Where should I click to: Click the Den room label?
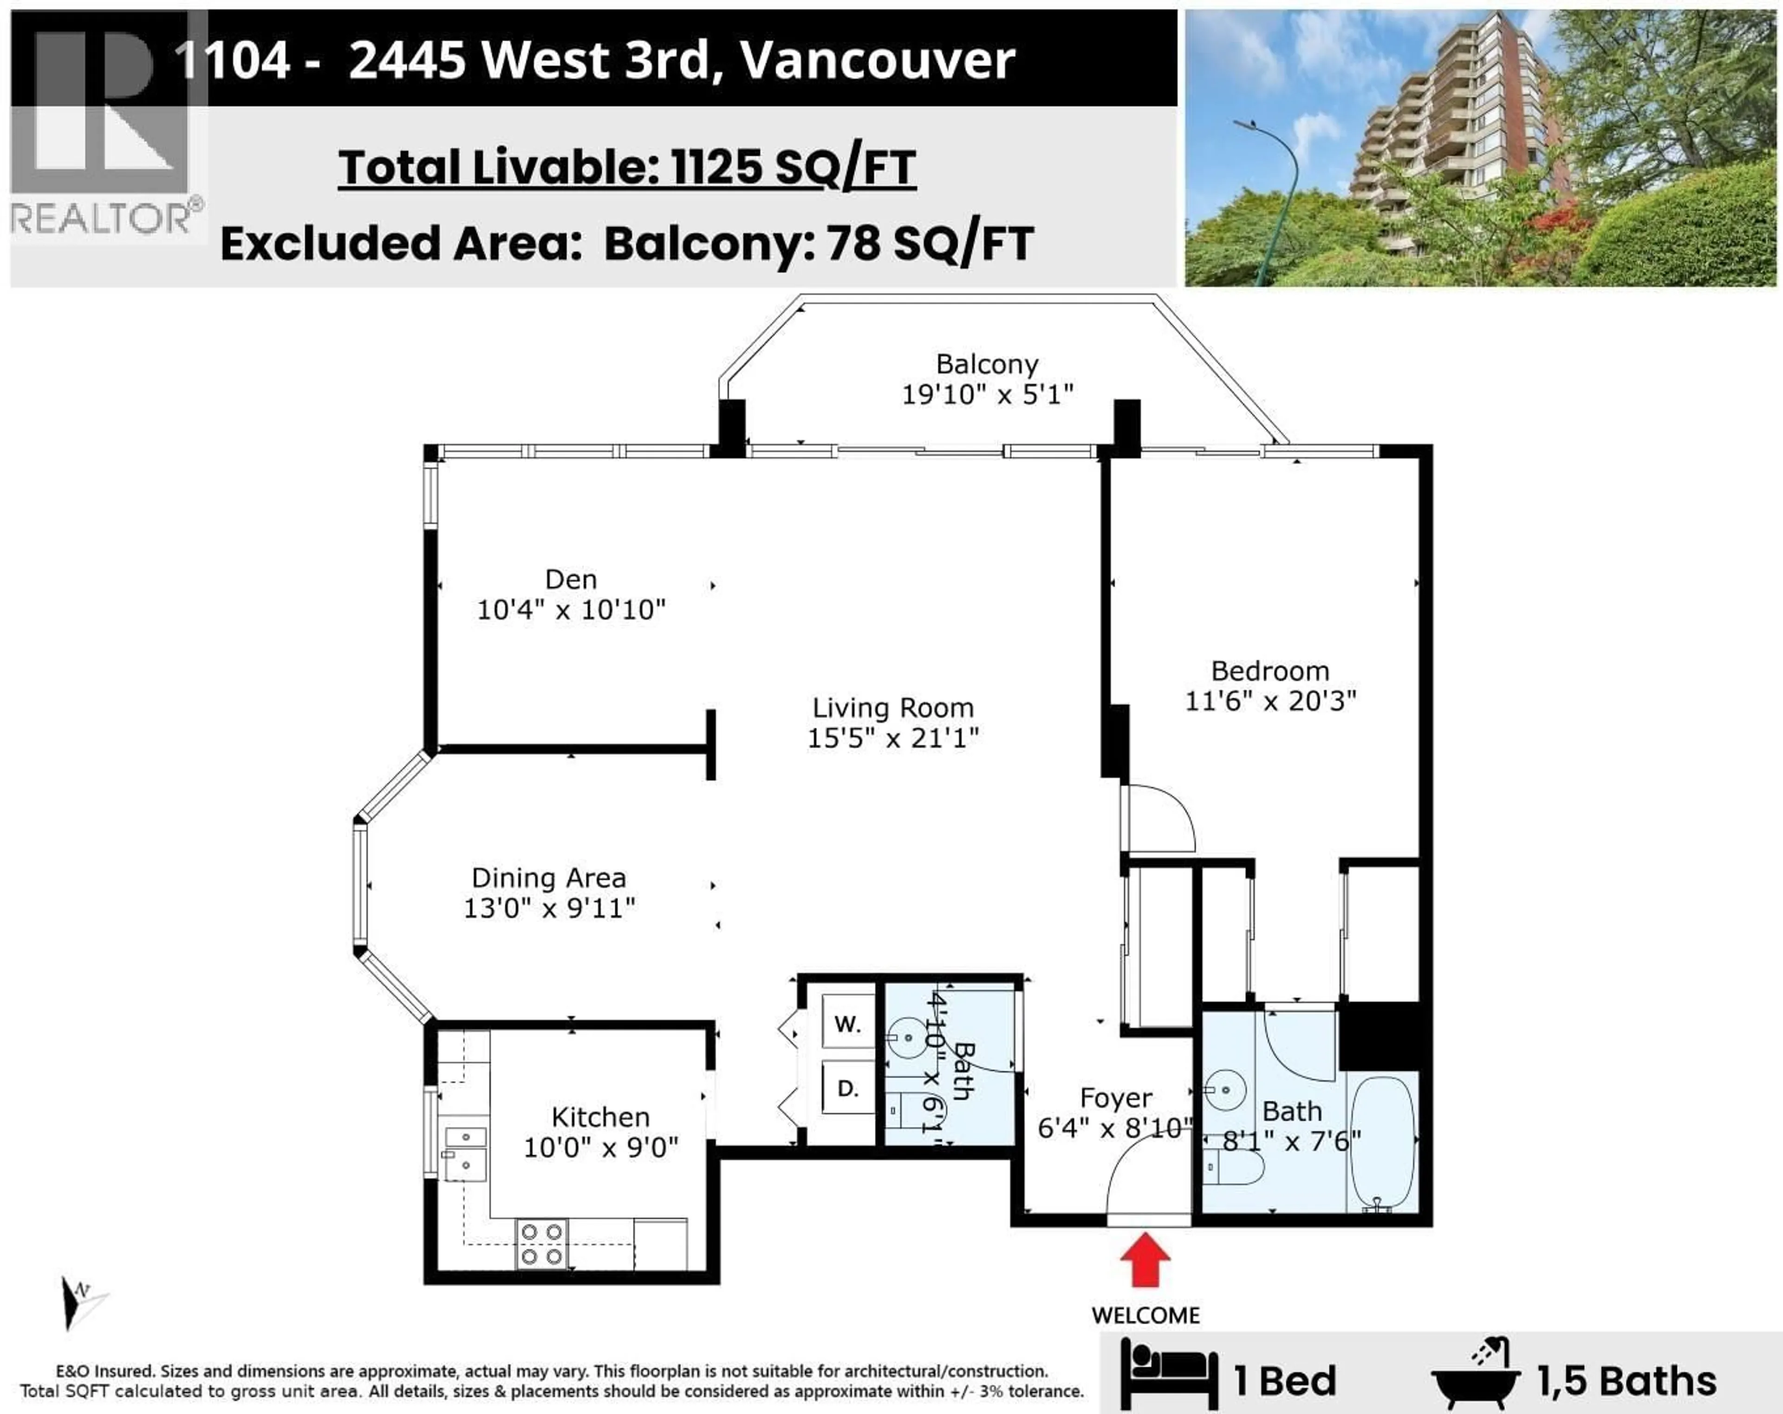(x=571, y=579)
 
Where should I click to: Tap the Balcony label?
(x=987, y=364)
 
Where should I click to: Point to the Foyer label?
(x=1116, y=1098)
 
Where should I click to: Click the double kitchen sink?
(x=466, y=1152)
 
